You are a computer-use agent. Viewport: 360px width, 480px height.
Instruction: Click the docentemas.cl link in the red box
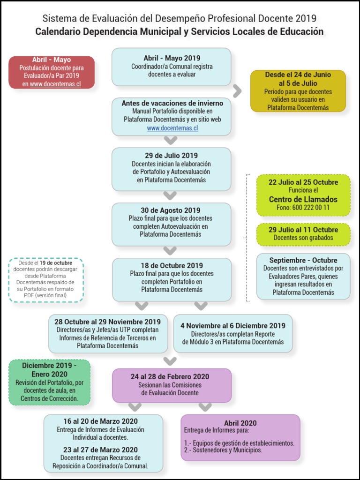pyautogui.click(x=55, y=84)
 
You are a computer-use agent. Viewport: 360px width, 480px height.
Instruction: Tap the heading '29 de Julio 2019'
pyautogui.click(x=171, y=156)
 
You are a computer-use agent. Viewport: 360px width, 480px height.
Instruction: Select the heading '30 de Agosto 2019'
pyautogui.click(x=171, y=210)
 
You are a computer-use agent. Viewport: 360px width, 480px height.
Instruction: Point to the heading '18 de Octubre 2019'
pyautogui.click(x=172, y=266)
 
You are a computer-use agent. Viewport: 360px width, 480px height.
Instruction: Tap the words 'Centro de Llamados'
pyautogui.click(x=303, y=199)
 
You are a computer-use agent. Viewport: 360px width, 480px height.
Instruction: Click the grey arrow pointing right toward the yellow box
pyautogui.click(x=238, y=91)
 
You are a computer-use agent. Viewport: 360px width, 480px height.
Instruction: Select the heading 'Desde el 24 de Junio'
pyautogui.click(x=298, y=75)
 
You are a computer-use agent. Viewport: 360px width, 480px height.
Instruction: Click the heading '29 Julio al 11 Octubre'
pyautogui.click(x=303, y=230)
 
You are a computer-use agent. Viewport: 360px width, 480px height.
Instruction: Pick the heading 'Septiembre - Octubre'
pyautogui.click(x=303, y=260)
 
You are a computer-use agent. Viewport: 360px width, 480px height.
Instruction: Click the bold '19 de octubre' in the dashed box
pyautogui.click(x=56, y=262)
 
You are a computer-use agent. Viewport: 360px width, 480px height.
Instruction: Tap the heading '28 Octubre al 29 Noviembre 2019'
pyautogui.click(x=108, y=322)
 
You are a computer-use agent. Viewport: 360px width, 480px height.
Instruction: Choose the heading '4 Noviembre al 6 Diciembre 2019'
pyautogui.click(x=233, y=326)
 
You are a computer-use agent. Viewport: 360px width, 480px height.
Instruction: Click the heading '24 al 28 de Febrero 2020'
pyautogui.click(x=170, y=376)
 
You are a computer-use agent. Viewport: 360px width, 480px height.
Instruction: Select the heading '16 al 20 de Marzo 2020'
pyautogui.click(x=101, y=421)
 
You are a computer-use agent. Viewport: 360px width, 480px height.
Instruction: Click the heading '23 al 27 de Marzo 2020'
pyautogui.click(x=101, y=450)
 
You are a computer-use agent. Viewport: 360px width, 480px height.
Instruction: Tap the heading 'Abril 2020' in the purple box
pyautogui.click(x=240, y=423)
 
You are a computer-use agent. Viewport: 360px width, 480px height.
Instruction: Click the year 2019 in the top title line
pyautogui.click(x=306, y=19)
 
